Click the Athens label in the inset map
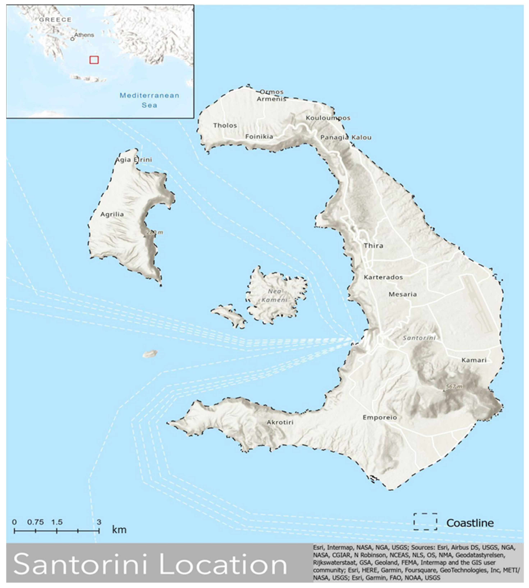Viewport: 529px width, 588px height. click(x=84, y=35)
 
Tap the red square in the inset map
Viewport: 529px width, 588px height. click(x=94, y=60)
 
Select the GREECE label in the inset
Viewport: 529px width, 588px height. click(x=55, y=20)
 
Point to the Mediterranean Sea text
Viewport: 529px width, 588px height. click(x=149, y=100)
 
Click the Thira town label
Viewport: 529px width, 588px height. click(x=374, y=246)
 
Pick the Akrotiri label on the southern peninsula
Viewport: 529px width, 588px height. click(x=280, y=422)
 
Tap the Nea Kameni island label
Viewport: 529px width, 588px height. click(x=274, y=295)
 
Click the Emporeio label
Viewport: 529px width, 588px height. click(x=380, y=417)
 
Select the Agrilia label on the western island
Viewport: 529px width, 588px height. click(x=112, y=214)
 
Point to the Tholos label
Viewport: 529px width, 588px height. click(x=225, y=125)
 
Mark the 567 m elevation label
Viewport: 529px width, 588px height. click(x=454, y=387)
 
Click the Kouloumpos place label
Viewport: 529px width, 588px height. click(x=328, y=118)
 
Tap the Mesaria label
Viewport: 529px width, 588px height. click(x=402, y=294)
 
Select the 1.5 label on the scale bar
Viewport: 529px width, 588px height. click(x=57, y=522)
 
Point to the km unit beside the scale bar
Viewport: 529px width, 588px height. click(x=119, y=530)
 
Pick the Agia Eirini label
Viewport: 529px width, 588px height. click(x=134, y=160)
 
